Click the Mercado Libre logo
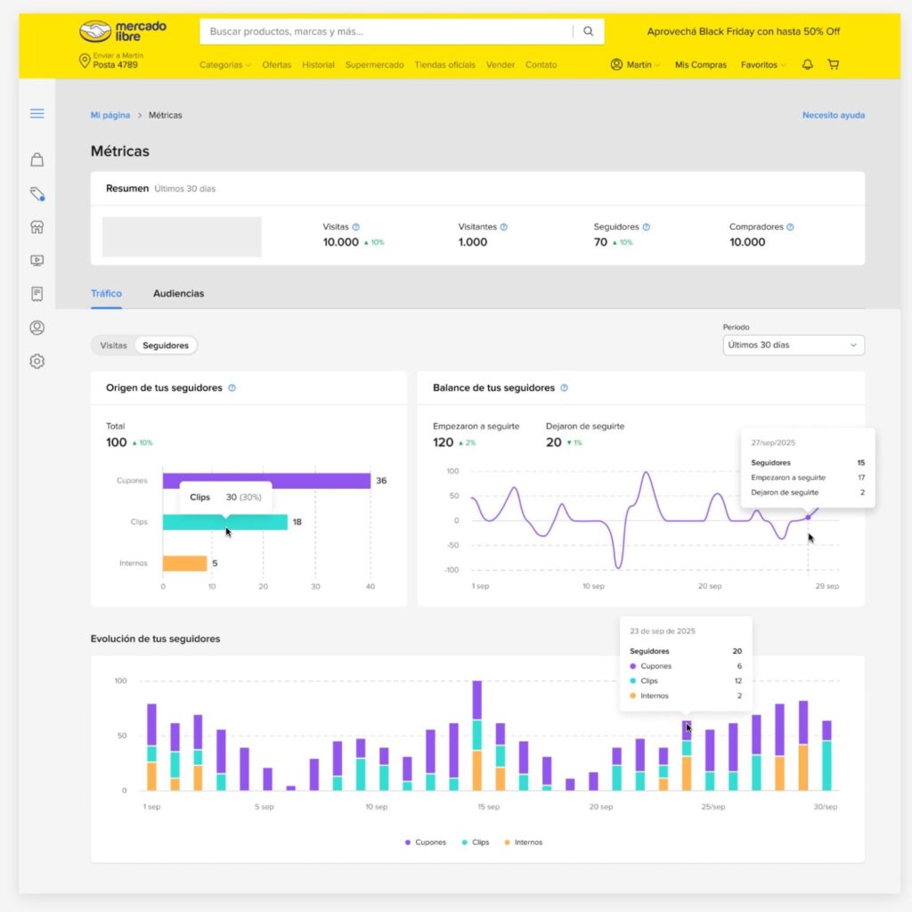click(123, 31)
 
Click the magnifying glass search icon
click(588, 31)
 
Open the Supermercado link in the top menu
click(374, 65)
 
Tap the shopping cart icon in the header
click(833, 65)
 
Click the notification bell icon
click(808, 65)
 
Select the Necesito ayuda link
click(833, 115)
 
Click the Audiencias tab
click(178, 293)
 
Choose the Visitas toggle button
click(113, 345)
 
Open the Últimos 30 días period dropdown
click(793, 345)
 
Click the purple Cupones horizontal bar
click(266, 481)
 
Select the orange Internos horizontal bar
click(184, 563)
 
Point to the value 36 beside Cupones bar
click(381, 481)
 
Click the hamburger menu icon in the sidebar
click(37, 113)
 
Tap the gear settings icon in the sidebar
click(37, 362)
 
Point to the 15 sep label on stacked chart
click(487, 807)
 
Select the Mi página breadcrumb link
click(110, 115)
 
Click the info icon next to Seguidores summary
click(647, 227)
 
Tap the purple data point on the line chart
click(808, 517)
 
